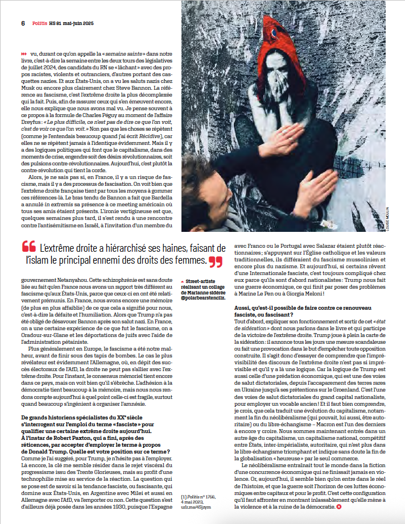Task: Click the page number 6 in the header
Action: click(x=23, y=23)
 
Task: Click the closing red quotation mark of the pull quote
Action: click(x=214, y=261)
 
